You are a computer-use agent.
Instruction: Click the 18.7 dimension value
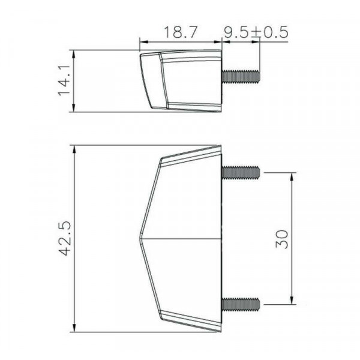(181, 32)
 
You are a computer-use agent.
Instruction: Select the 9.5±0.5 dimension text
(256, 32)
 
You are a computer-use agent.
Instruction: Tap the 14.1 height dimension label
(64, 80)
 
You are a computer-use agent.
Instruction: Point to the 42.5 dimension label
(65, 238)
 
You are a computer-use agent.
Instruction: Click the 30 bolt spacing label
(282, 239)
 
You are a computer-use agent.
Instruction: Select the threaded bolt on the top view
(241, 76)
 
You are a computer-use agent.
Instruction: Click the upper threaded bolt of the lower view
(241, 172)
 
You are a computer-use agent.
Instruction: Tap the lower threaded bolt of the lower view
(241, 304)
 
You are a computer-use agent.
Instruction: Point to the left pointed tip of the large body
(140, 239)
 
